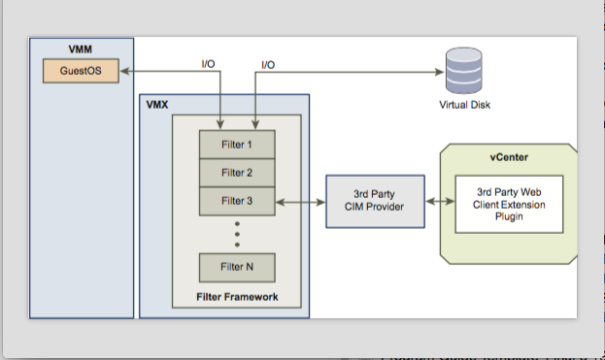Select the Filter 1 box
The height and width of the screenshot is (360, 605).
click(237, 145)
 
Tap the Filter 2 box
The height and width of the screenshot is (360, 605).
click(237, 173)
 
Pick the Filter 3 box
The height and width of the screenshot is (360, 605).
click(237, 201)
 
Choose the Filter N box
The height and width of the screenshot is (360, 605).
click(237, 266)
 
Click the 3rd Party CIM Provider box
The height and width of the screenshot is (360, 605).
click(374, 201)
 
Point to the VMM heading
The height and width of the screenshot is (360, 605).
click(81, 48)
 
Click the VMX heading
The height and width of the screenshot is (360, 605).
click(157, 103)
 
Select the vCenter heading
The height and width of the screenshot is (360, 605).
click(510, 156)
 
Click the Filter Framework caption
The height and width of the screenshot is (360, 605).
click(237, 295)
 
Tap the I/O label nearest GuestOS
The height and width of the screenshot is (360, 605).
click(208, 63)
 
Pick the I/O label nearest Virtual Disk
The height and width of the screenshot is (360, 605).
click(268, 63)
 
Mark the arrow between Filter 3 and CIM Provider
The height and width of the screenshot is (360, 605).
click(300, 202)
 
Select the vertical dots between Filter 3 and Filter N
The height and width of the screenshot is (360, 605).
click(237, 233)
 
